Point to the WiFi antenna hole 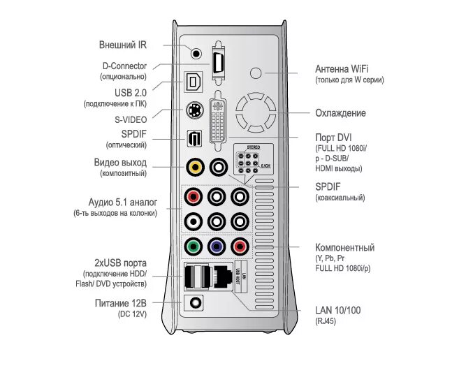259,72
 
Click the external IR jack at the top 196,52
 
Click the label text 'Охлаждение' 340,113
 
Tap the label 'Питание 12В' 121,303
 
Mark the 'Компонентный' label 345,248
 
